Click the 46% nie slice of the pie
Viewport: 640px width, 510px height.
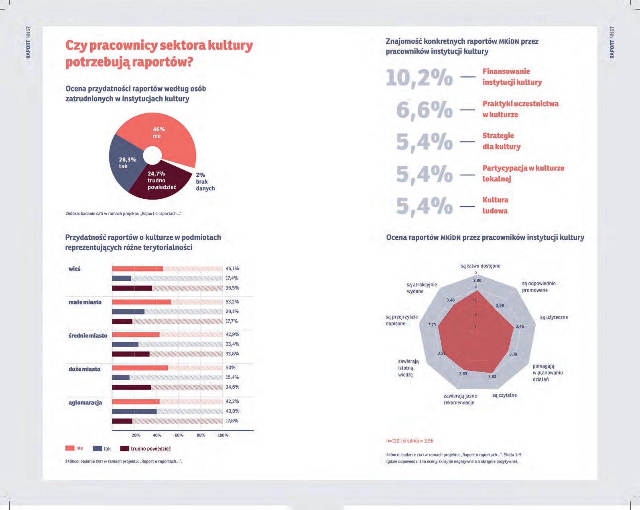click(x=169, y=133)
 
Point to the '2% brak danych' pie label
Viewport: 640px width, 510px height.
click(x=205, y=182)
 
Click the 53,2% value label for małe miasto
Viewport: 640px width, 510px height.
click(x=232, y=302)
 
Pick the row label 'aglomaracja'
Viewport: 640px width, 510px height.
click(x=85, y=402)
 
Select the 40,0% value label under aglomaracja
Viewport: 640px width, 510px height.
click(x=232, y=411)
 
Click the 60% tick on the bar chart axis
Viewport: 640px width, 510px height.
click(x=179, y=435)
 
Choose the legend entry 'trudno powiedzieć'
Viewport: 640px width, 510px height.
click(x=150, y=449)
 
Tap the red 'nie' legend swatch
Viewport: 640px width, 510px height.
click(x=70, y=448)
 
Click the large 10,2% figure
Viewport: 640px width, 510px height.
click(x=419, y=77)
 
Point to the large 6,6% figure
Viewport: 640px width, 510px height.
click(x=424, y=109)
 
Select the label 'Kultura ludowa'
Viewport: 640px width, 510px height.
click(x=495, y=205)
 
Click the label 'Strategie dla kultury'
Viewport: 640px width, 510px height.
click(x=501, y=141)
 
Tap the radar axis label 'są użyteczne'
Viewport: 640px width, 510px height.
click(x=554, y=317)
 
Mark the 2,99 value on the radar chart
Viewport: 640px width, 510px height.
click(x=500, y=305)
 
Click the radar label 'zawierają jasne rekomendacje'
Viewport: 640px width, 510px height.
click(x=460, y=399)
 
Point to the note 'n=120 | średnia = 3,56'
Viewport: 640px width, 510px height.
click(x=410, y=441)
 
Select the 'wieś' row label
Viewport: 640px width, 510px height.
click(x=75, y=269)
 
